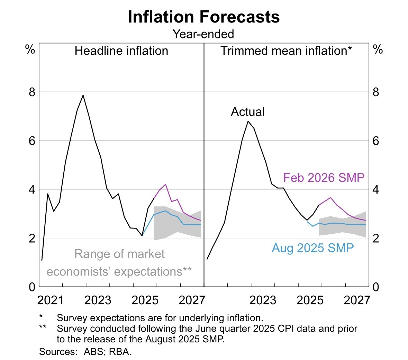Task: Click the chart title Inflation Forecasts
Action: [x=203, y=17]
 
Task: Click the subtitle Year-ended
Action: [x=203, y=34]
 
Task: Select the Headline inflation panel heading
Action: [x=121, y=51]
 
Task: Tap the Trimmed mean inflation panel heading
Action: [x=286, y=51]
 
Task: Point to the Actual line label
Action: [x=247, y=112]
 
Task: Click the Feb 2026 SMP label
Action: [x=324, y=178]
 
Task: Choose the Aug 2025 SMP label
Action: [x=313, y=248]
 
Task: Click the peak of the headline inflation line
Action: [x=83, y=95]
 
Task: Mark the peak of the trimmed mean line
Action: [x=248, y=121]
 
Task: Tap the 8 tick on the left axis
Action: [x=32, y=92]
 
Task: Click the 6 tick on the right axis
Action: [x=376, y=141]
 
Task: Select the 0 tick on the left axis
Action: [x=32, y=287]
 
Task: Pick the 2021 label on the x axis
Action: [x=51, y=300]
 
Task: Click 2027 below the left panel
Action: [x=192, y=300]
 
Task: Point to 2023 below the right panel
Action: [x=263, y=300]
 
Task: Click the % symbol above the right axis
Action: [x=378, y=50]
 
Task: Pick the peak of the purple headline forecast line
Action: [x=165, y=184]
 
